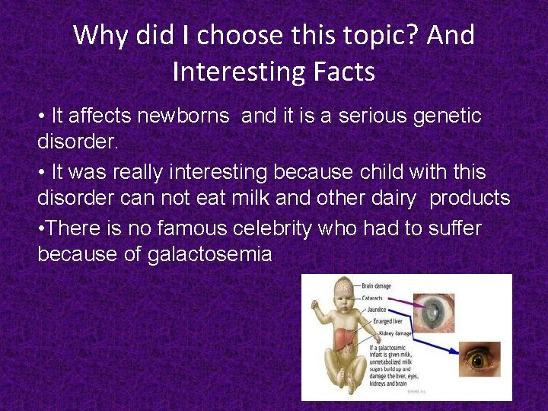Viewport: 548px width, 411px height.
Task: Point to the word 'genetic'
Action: pos(446,116)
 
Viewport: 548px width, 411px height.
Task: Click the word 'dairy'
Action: pos(388,199)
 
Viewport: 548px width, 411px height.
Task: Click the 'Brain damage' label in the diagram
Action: pos(378,286)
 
